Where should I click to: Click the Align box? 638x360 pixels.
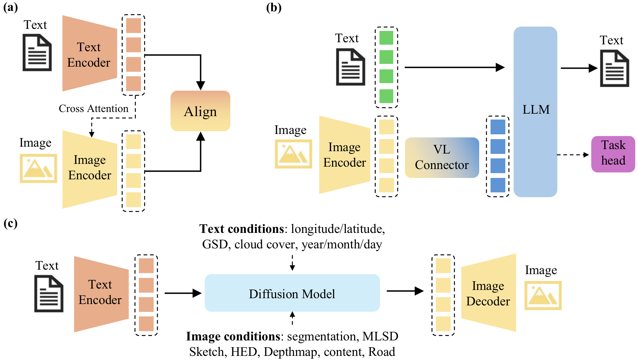coord(200,111)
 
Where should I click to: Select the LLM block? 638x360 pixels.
coord(535,112)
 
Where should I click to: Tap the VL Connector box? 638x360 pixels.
coord(442,157)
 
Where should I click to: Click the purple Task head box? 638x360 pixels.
coord(613,154)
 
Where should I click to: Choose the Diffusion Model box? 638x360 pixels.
coord(292,293)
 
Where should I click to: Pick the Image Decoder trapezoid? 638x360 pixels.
coord(488,293)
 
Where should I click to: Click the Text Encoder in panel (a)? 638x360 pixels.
coord(90,53)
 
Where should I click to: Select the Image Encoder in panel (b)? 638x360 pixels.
coord(345,155)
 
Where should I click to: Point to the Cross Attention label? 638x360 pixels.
coord(93,109)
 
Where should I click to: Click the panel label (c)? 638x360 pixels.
coord(10,223)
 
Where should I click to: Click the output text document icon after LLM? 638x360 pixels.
coord(615,68)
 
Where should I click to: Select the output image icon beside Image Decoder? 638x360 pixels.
coord(543,295)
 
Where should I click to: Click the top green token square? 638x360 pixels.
coord(386,38)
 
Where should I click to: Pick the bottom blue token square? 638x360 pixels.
coord(498,185)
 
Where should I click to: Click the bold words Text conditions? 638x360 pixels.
coord(242,229)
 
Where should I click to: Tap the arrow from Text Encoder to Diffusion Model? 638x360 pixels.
coord(183,293)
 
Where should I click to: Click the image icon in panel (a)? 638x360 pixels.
coord(38,168)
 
